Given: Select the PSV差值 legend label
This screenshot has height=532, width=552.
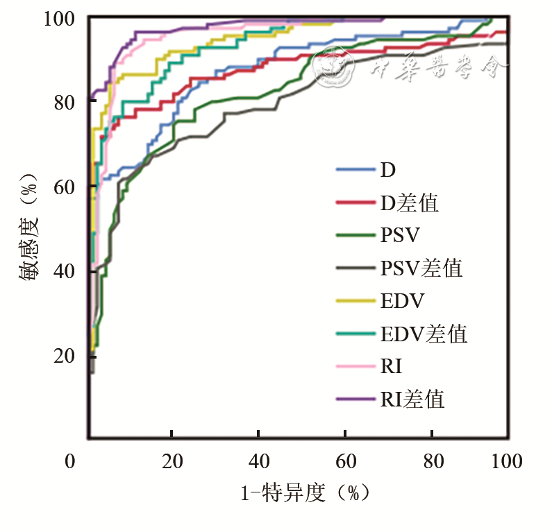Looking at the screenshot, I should pos(421,268).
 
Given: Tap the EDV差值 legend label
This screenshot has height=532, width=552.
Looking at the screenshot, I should pos(424,334).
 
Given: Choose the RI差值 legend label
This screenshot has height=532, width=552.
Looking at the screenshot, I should pos(412,400).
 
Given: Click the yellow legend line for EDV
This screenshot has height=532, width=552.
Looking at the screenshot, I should pos(355,301).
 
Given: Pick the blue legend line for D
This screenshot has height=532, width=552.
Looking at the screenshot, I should pos(355,170).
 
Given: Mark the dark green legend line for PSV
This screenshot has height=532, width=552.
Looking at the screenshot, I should pos(355,236).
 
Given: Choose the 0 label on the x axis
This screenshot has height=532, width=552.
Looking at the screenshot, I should pos(69,462).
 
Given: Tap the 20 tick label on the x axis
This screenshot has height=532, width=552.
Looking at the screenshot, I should pos(171,462).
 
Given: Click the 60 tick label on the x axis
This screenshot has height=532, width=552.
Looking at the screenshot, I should pos(344,462).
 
